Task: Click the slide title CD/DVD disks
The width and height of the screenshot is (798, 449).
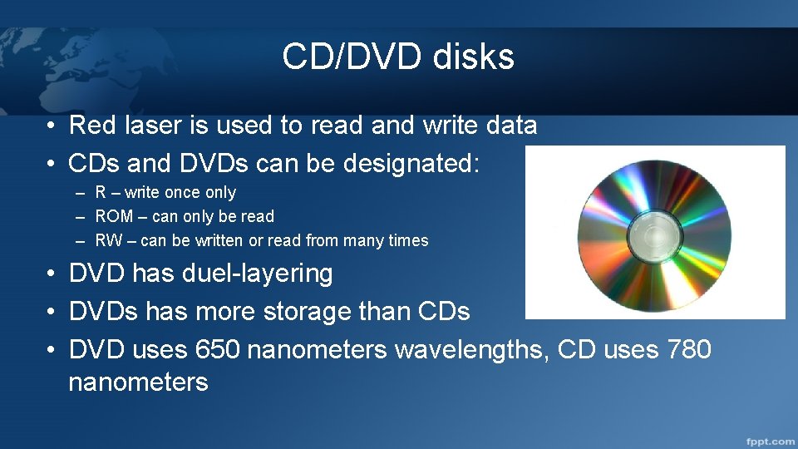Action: [x=398, y=57]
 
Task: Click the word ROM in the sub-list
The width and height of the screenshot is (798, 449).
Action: [x=115, y=217]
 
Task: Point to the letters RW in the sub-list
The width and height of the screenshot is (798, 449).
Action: [x=108, y=241]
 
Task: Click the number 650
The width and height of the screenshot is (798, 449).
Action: [x=218, y=350]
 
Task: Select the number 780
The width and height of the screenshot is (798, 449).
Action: [x=689, y=350]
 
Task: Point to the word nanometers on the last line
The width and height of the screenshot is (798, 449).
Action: [x=138, y=382]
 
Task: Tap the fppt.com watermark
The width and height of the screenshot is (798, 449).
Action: [x=770, y=441]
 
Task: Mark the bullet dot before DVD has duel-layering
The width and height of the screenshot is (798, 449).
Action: [x=52, y=274]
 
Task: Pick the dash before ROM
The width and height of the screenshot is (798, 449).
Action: [x=80, y=217]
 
